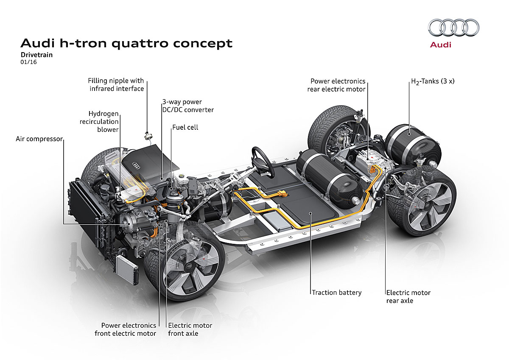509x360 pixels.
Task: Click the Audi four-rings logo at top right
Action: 453,28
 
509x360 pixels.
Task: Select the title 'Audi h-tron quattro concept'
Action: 126,43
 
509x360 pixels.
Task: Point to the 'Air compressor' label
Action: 39,139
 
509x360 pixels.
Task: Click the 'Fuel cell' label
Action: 185,127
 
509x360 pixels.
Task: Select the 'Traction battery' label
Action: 336,293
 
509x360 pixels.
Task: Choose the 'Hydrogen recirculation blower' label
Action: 103,122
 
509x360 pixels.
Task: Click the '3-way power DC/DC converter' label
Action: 187,106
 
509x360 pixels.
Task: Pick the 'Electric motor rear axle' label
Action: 408,296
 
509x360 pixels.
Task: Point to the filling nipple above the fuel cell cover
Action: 148,135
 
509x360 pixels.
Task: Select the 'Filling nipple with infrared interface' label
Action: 116,84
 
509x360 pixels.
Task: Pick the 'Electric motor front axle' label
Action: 190,329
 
